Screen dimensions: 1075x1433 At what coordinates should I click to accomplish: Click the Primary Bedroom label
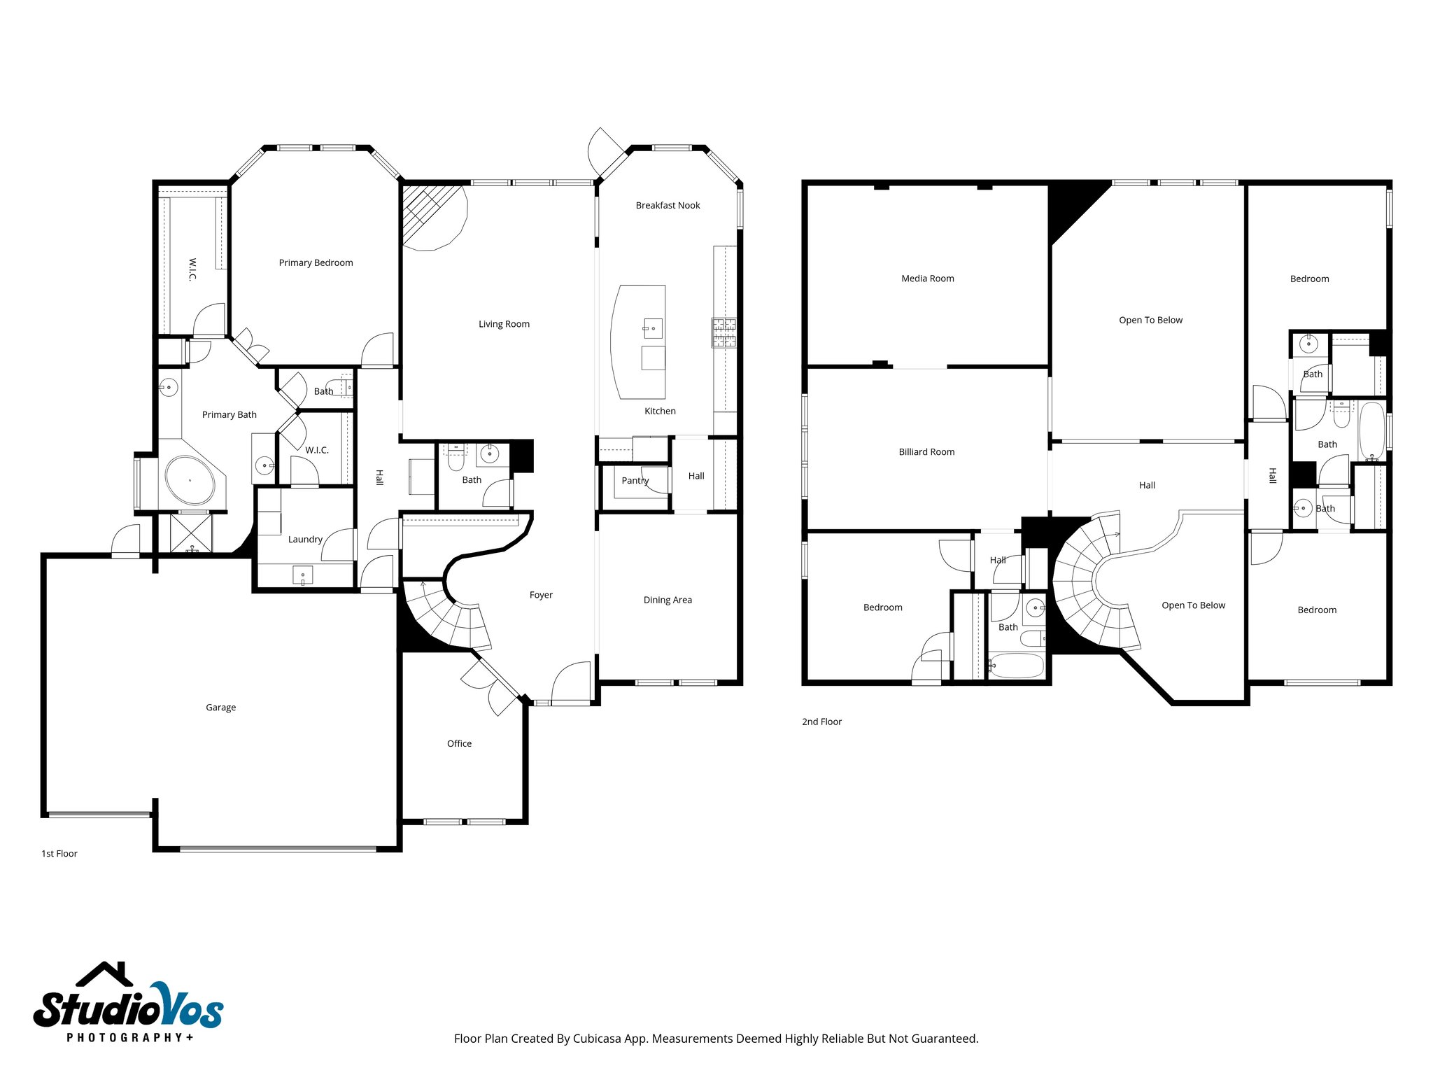(x=316, y=262)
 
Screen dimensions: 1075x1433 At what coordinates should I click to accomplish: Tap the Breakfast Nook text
(x=668, y=205)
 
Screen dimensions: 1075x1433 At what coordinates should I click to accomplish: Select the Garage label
(x=220, y=708)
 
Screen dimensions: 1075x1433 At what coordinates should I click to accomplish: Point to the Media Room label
(x=927, y=279)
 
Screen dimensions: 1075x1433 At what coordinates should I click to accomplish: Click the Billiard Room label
(x=926, y=452)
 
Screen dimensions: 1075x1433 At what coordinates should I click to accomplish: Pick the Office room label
(x=459, y=743)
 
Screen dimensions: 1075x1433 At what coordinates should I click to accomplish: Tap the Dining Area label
(x=668, y=600)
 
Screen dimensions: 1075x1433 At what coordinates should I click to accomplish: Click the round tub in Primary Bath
(x=190, y=480)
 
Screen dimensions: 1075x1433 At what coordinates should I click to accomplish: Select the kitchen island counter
(x=637, y=342)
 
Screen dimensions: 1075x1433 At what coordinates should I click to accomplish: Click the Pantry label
(x=635, y=481)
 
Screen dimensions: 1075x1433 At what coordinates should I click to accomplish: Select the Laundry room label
(x=305, y=540)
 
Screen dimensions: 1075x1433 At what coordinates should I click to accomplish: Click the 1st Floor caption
(x=59, y=854)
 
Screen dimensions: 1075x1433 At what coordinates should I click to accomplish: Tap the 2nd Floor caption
(x=821, y=722)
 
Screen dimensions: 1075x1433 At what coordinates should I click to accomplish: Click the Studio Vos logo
(x=128, y=1004)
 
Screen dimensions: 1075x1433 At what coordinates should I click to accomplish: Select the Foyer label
(x=541, y=595)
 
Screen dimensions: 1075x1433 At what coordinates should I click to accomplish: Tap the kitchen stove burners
(x=723, y=332)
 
